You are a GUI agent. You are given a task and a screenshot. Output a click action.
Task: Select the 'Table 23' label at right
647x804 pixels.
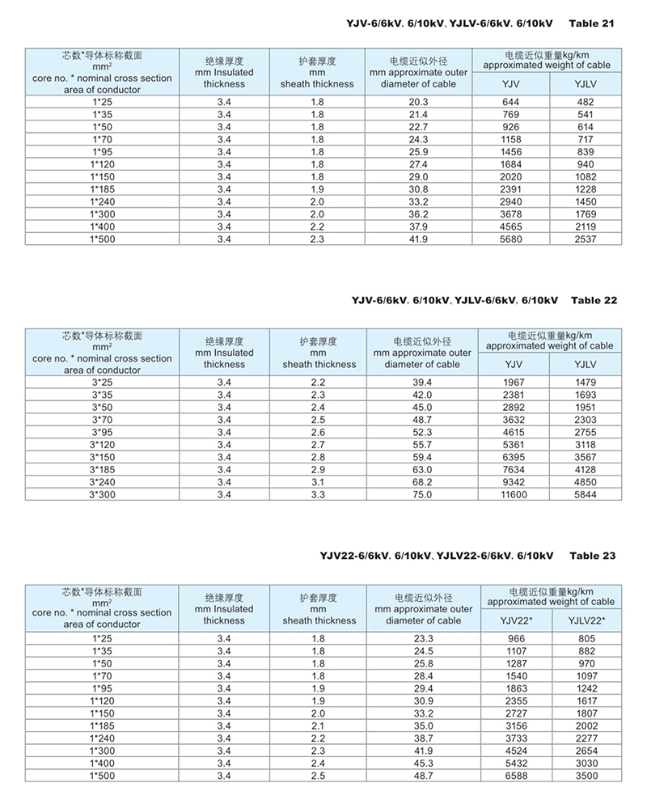pos(592,556)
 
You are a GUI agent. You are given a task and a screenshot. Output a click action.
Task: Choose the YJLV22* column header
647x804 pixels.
pos(587,620)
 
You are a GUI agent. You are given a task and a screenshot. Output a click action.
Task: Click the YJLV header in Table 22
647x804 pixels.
pos(586,365)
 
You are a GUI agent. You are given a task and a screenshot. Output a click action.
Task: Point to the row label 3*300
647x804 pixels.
pos(102,494)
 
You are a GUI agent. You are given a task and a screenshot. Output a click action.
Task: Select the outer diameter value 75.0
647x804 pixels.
pos(422,494)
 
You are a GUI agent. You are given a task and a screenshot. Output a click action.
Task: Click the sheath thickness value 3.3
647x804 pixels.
pos(318,494)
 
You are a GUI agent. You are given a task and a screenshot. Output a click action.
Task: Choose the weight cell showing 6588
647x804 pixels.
pos(515,776)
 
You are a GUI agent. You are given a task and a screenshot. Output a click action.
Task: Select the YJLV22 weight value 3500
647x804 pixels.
pos(587,776)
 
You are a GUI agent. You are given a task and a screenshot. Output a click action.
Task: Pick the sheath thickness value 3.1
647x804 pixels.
pos(318,482)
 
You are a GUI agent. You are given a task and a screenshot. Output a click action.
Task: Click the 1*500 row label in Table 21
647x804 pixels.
pos(102,240)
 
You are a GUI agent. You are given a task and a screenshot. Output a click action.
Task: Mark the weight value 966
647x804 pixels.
pos(515,638)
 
